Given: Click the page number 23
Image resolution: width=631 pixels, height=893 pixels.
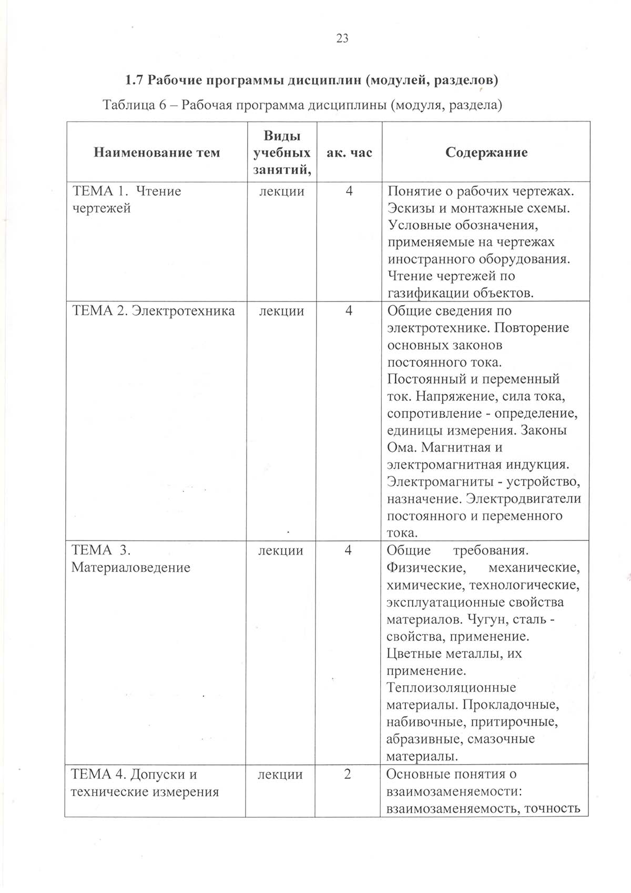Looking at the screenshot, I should click(342, 38).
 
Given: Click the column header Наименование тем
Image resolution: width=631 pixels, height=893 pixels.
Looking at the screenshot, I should click(157, 153).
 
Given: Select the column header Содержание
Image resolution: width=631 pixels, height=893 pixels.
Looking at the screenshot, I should click(486, 153).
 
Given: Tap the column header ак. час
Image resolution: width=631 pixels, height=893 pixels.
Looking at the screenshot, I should click(349, 153).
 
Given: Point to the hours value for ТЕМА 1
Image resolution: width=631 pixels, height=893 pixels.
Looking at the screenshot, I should click(349, 191).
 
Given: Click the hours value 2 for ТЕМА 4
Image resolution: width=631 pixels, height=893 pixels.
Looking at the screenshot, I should click(348, 774).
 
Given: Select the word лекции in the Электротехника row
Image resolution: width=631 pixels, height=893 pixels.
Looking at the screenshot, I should click(282, 311).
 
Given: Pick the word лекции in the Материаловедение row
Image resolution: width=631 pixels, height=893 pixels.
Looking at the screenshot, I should click(281, 550).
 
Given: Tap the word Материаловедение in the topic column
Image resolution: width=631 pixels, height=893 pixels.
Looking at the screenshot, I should click(131, 568).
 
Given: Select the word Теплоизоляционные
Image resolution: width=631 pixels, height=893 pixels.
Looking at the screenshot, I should click(451, 688).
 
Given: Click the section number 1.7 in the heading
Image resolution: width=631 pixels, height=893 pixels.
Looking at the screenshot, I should click(134, 80).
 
